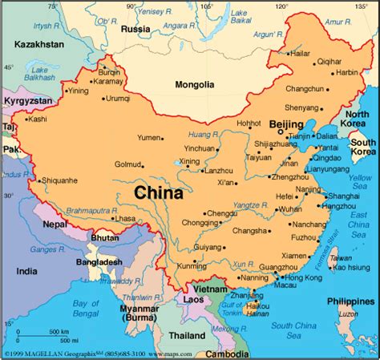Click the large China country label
[x=158, y=192]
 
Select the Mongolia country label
[x=195, y=84]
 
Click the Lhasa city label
[x=124, y=218]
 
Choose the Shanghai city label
[x=343, y=195]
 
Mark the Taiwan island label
[x=341, y=258]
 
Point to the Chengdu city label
[x=221, y=213]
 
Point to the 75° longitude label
[x=53, y=6]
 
